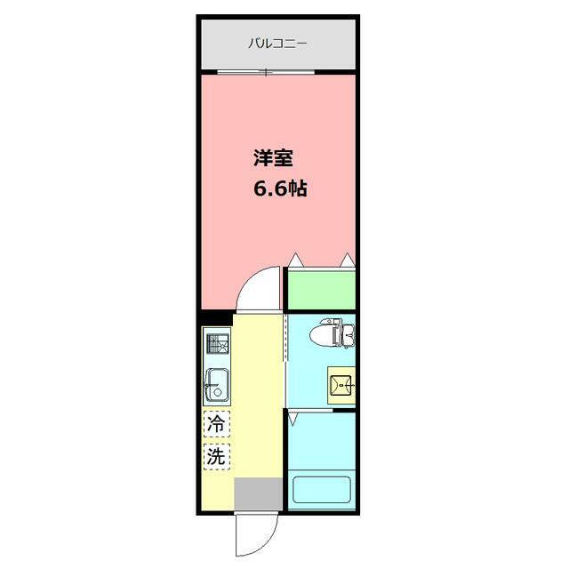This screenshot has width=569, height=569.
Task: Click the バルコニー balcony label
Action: (277, 43)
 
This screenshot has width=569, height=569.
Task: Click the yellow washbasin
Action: (341, 385)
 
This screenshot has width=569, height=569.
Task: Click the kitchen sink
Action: (217, 385)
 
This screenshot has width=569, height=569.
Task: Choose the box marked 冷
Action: (216, 425)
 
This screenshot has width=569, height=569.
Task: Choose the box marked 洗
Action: (216, 458)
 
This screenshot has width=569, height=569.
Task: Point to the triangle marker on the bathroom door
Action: (293, 414)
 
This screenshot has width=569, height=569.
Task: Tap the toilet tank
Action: (349, 334)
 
